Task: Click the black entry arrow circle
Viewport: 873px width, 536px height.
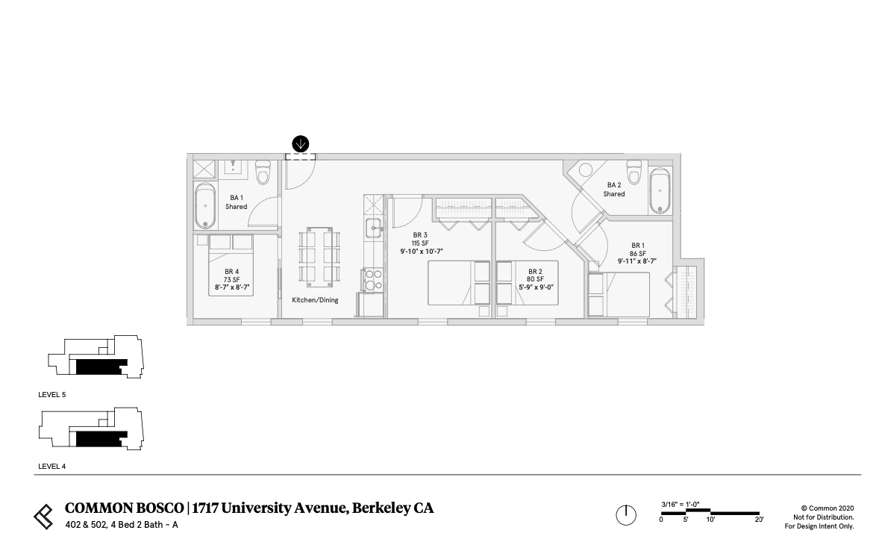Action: click(x=301, y=143)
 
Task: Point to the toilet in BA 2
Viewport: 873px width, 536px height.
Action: click(x=634, y=172)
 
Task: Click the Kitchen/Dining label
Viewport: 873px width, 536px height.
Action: click(x=315, y=300)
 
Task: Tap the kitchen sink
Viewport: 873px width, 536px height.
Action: click(x=373, y=227)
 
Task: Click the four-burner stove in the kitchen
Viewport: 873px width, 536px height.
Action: click(x=372, y=280)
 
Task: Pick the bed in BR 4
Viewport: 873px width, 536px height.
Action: click(x=231, y=265)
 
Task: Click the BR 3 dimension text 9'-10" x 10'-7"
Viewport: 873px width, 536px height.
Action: click(x=422, y=252)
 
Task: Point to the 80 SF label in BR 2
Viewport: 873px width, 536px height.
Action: click(x=534, y=279)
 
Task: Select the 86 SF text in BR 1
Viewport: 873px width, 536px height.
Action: click(x=637, y=254)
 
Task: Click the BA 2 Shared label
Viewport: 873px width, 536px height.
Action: click(x=614, y=190)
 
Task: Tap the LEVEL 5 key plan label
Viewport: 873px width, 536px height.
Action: click(x=52, y=394)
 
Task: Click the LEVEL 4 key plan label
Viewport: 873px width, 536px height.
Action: click(x=52, y=467)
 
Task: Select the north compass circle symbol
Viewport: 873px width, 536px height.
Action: click(x=626, y=514)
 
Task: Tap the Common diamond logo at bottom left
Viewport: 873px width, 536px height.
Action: click(x=44, y=515)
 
